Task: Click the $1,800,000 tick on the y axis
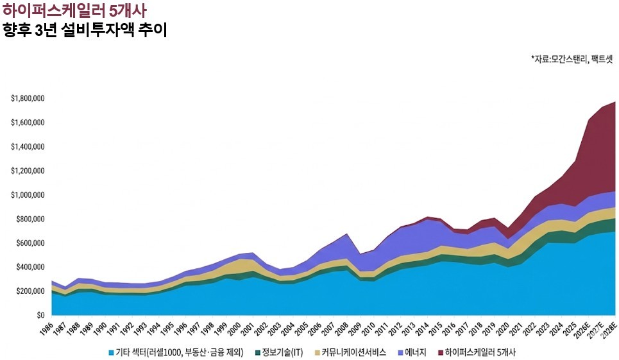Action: pyautogui.click(x=28, y=98)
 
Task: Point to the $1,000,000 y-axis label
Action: pyautogui.click(x=28, y=194)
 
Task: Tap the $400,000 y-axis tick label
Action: pyautogui.click(x=30, y=267)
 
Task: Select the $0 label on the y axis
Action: pyautogui.click(x=38, y=315)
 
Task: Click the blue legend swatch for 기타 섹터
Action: pyautogui.click(x=112, y=352)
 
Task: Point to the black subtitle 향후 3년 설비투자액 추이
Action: pyautogui.click(x=85, y=30)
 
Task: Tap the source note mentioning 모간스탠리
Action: pyautogui.click(x=573, y=58)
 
